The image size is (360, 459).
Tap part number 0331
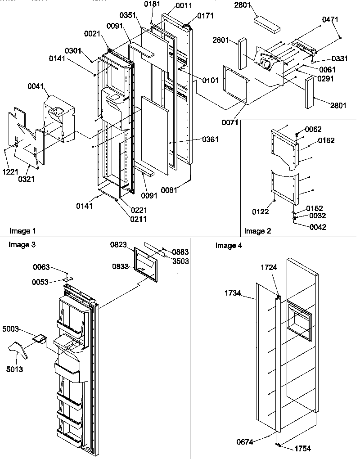339,58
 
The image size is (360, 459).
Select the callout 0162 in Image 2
315,140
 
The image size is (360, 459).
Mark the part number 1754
302,448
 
